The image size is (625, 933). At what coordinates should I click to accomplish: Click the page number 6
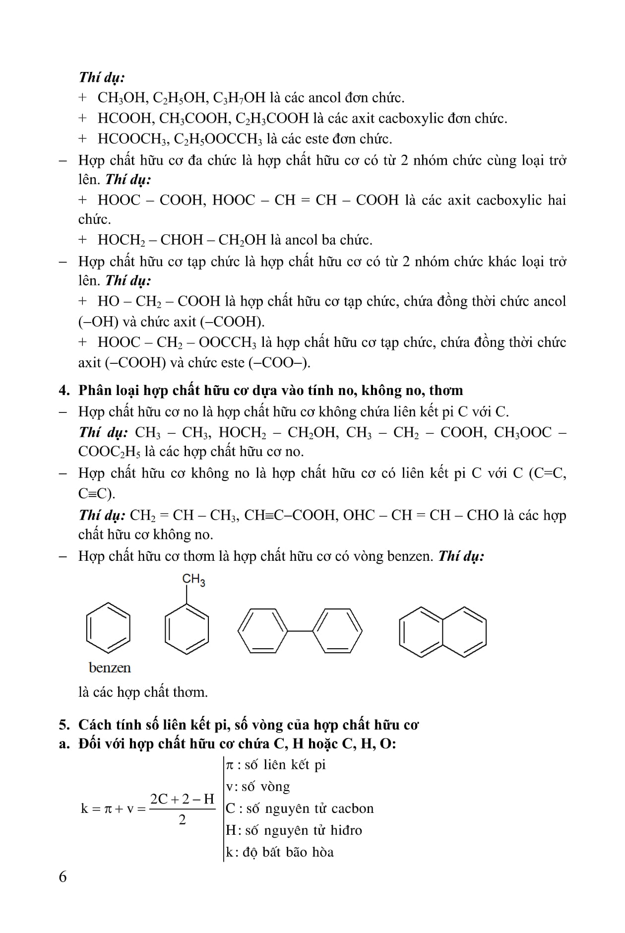pos(62,876)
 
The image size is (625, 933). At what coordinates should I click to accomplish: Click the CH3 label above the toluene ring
pos(193,580)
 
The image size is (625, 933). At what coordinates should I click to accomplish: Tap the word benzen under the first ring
pos(110,667)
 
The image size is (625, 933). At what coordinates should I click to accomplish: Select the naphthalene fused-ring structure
pos(442,632)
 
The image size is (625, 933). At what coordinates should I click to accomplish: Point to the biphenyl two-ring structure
pos(300,631)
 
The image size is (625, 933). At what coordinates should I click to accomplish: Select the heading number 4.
pos(63,391)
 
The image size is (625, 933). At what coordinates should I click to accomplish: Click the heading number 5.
pos(63,725)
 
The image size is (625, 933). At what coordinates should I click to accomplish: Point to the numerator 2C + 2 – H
pos(182,799)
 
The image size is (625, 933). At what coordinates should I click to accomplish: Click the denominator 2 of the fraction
pos(182,820)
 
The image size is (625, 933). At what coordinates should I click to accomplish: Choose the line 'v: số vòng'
pos(258,787)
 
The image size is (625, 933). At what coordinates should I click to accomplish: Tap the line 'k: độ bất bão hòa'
pos(280,852)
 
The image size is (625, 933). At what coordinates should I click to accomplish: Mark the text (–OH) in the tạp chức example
pos(98,322)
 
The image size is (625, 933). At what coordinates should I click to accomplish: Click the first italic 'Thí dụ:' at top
pos(102,77)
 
